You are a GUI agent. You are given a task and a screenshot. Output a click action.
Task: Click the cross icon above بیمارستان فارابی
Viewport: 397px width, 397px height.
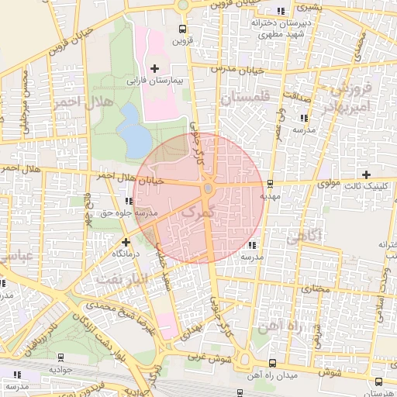tap(154, 69)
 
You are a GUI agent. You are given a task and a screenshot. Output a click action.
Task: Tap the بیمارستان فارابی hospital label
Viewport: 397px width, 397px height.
tap(154, 80)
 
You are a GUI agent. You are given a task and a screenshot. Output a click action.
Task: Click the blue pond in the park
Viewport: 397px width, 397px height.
tap(135, 131)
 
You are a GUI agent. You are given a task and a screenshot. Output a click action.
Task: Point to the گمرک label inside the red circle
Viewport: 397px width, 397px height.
tap(201, 212)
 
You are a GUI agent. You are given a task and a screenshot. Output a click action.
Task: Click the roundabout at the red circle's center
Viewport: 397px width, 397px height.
tap(208, 188)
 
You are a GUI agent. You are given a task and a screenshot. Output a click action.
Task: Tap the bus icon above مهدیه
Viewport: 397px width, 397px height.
tap(270, 184)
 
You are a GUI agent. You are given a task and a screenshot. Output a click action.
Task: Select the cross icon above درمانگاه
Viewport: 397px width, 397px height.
tap(126, 242)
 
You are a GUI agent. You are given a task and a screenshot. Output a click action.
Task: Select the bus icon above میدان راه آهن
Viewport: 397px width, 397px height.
tap(271, 362)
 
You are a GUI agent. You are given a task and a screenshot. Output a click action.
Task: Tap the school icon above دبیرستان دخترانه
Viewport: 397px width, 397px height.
tap(280, 11)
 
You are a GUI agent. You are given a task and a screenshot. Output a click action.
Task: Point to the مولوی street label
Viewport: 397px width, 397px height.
tap(330, 184)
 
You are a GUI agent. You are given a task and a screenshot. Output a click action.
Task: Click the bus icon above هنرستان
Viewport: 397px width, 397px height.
tap(378, 381)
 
